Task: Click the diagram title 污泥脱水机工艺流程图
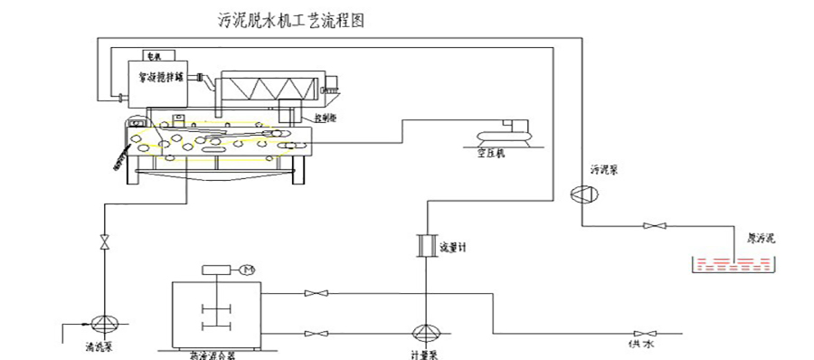(x=291, y=19)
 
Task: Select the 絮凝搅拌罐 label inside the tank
(x=161, y=78)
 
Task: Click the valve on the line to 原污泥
(x=648, y=225)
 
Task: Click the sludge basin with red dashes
(x=733, y=265)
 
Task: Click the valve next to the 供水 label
(x=647, y=332)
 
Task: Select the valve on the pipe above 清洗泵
(x=104, y=242)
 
